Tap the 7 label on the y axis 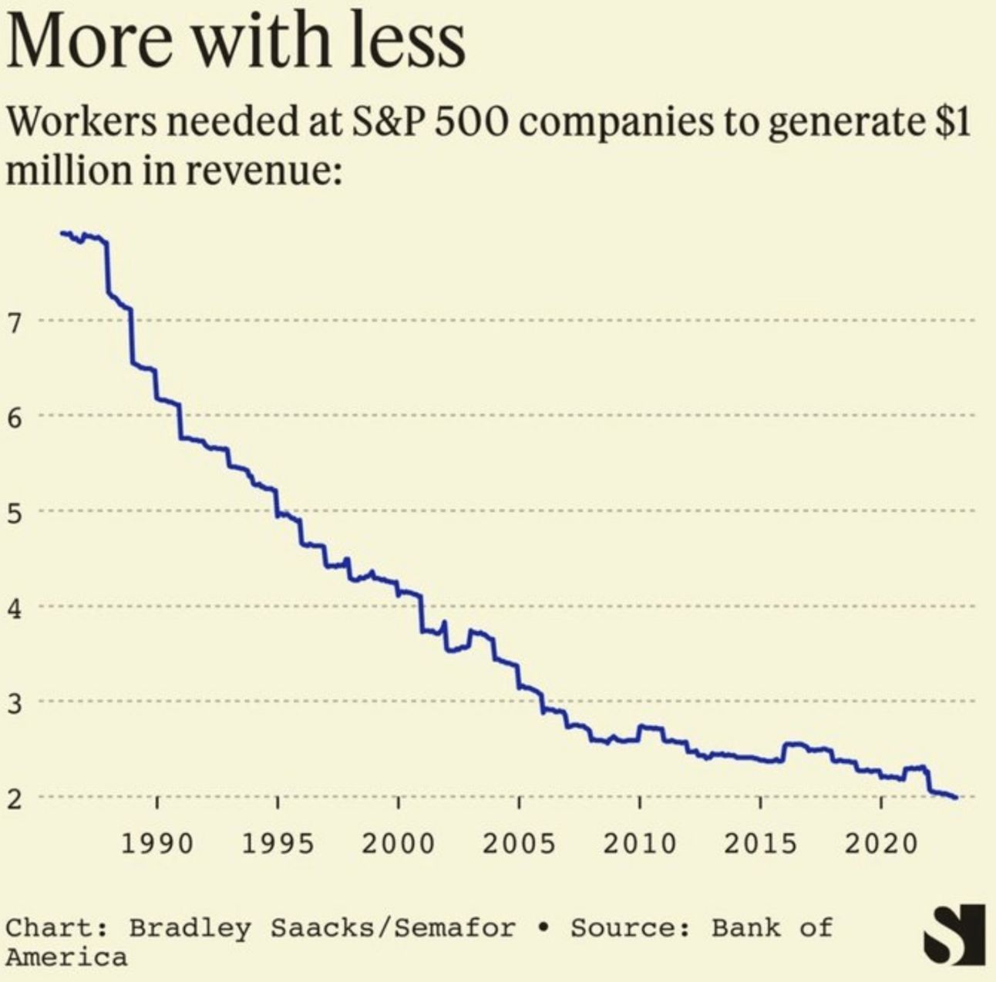(15, 321)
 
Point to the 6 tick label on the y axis (15, 417)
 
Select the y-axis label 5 (15, 513)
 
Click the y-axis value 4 (15, 608)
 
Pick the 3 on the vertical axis (15, 703)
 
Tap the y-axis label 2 (15, 799)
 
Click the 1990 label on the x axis (157, 843)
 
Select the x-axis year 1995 (278, 843)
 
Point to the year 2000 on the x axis (398, 843)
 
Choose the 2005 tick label (519, 843)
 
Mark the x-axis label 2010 (639, 843)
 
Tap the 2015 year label (759, 843)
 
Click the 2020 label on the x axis (880, 843)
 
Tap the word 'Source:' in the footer (631, 927)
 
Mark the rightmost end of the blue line (957, 798)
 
